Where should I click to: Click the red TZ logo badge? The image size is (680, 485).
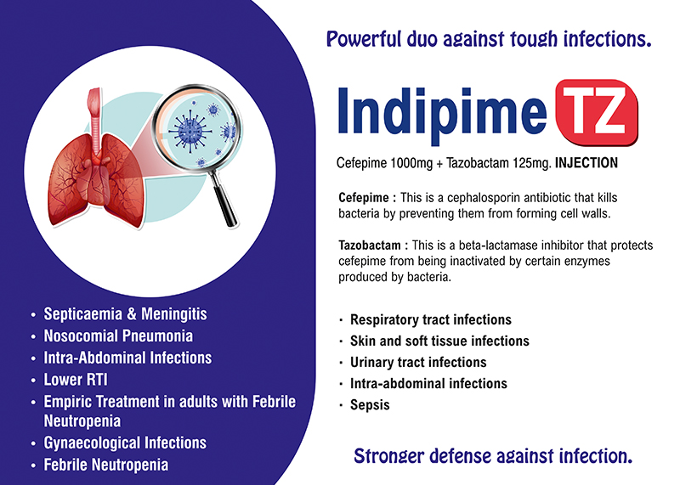click(x=597, y=112)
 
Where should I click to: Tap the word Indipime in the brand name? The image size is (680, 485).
click(x=442, y=115)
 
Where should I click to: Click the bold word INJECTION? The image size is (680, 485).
click(x=586, y=163)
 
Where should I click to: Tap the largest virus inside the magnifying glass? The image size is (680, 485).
click(x=190, y=131)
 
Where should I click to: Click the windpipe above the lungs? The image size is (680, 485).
click(x=94, y=114)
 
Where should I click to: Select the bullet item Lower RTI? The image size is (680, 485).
click(x=76, y=380)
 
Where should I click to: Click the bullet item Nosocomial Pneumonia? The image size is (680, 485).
click(x=118, y=336)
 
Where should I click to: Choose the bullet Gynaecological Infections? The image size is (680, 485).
click(x=125, y=443)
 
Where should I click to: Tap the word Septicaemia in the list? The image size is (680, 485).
click(x=82, y=313)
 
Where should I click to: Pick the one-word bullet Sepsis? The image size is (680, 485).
click(x=370, y=405)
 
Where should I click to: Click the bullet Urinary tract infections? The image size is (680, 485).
click(x=418, y=363)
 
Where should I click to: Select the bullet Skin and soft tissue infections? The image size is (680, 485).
click(x=439, y=341)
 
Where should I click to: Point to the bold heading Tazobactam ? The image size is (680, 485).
click(x=373, y=245)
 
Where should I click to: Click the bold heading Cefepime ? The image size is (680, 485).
click(x=367, y=198)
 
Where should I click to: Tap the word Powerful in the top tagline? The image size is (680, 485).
click(x=365, y=39)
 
